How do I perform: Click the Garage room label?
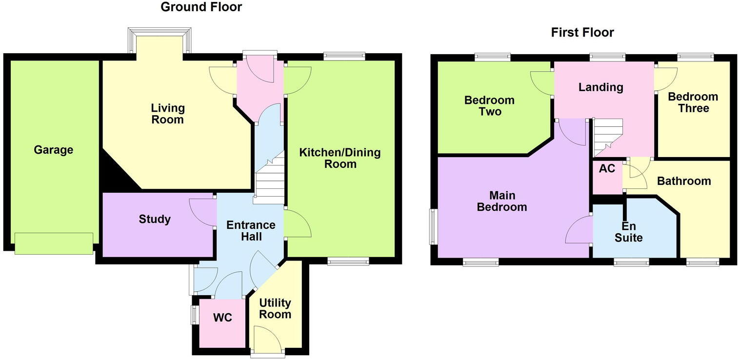point(53,150)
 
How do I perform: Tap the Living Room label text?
point(167,113)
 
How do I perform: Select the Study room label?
point(155,219)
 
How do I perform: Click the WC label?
point(222,318)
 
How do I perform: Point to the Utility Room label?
point(275,309)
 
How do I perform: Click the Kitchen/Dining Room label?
point(340,158)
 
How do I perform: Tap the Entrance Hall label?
point(251,231)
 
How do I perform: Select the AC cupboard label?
point(607,169)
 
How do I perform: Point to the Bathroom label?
point(684,181)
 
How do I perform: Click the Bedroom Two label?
point(489,106)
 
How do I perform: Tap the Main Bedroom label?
point(508,201)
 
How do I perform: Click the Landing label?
point(600,87)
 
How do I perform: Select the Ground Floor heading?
point(201,7)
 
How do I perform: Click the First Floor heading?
point(582,33)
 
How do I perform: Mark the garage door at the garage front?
point(54,243)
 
